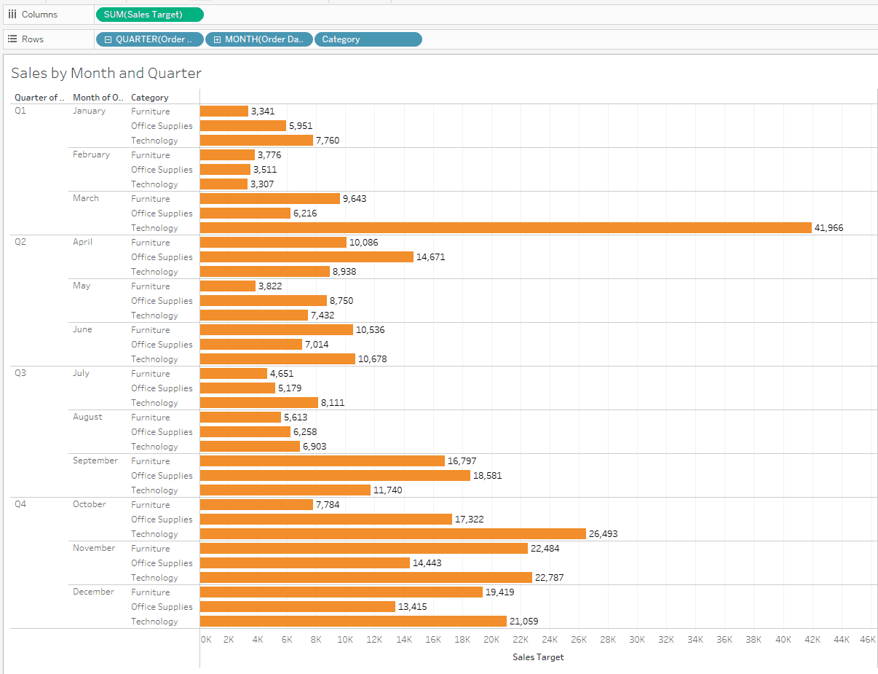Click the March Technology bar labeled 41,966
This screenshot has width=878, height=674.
[x=505, y=227]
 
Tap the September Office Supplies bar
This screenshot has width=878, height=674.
[x=335, y=475]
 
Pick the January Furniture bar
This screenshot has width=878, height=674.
[x=224, y=111]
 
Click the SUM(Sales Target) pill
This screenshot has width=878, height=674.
[x=149, y=15]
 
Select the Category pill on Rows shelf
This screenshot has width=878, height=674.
[x=368, y=39]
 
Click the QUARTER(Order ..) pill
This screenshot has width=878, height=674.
[x=149, y=39]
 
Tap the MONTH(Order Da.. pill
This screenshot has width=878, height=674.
[x=258, y=39]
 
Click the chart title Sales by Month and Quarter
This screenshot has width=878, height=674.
[x=106, y=73]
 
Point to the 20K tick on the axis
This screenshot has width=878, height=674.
[x=491, y=639]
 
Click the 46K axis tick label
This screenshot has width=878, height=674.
[x=867, y=639]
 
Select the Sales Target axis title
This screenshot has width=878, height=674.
[x=538, y=657]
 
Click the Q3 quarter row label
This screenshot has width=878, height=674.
[x=20, y=373]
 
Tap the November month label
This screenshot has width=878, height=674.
[x=94, y=548]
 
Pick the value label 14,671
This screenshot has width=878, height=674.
[x=430, y=256]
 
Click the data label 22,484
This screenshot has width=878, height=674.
[x=545, y=548]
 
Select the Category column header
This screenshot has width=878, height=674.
[x=149, y=97]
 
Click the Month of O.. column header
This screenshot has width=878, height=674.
[x=98, y=97]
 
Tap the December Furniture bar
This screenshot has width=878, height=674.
[x=341, y=592]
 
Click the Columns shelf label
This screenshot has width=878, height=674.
[x=39, y=15]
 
